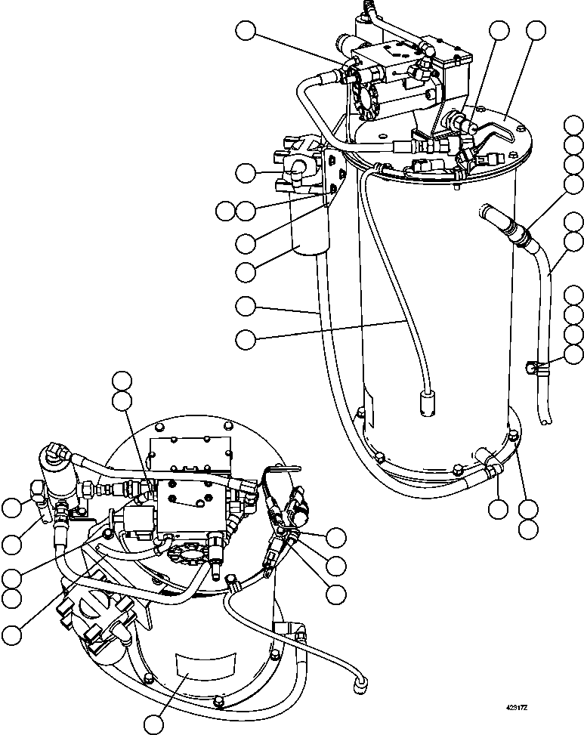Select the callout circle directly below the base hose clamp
(x=498, y=508)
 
